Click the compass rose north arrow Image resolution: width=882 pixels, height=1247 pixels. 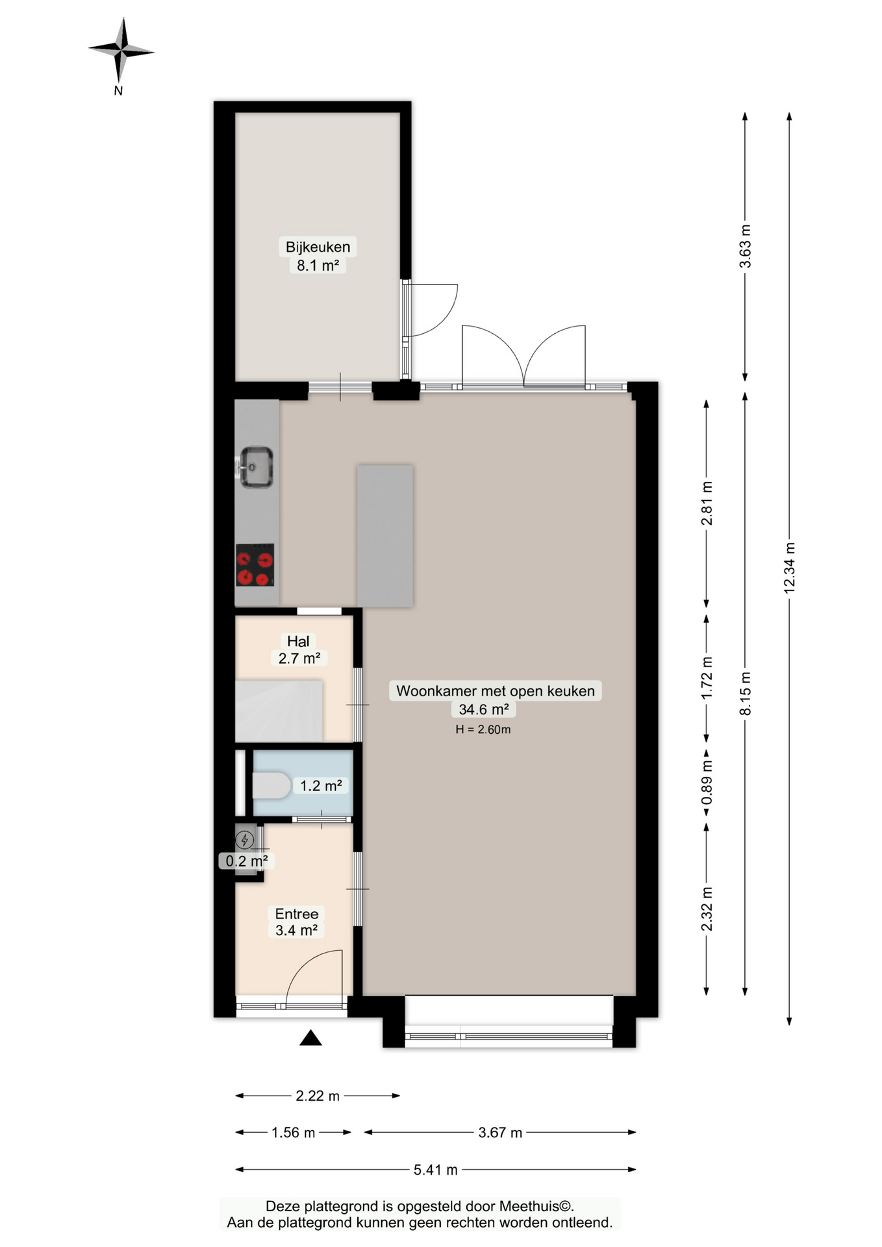click(121, 50)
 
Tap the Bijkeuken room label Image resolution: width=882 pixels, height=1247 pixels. click(318, 247)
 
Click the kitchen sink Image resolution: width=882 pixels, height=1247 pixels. click(256, 467)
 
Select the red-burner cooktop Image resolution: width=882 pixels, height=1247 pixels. click(255, 564)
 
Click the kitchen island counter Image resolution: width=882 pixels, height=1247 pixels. click(385, 536)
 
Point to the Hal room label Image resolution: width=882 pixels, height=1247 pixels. click(298, 641)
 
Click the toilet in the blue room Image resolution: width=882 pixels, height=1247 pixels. click(271, 785)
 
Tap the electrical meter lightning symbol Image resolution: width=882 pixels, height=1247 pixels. click(245, 840)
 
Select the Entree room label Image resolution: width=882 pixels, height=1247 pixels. click(297, 914)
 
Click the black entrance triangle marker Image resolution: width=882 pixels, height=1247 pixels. click(310, 1038)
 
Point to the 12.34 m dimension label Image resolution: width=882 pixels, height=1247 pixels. click(789, 568)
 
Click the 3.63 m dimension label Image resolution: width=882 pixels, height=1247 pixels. click(745, 246)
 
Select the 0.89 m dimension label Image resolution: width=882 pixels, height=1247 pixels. click(707, 782)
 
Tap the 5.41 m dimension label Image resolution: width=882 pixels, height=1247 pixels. click(436, 1170)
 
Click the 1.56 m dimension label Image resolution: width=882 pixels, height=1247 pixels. click(293, 1133)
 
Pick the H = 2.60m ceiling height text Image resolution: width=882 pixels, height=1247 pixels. click(483, 729)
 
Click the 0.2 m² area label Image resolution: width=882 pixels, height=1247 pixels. click(246, 861)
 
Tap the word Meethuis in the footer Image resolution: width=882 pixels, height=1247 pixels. click(530, 1206)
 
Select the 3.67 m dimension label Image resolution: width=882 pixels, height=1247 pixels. click(500, 1133)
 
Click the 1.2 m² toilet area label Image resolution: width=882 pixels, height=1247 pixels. click(321, 786)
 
